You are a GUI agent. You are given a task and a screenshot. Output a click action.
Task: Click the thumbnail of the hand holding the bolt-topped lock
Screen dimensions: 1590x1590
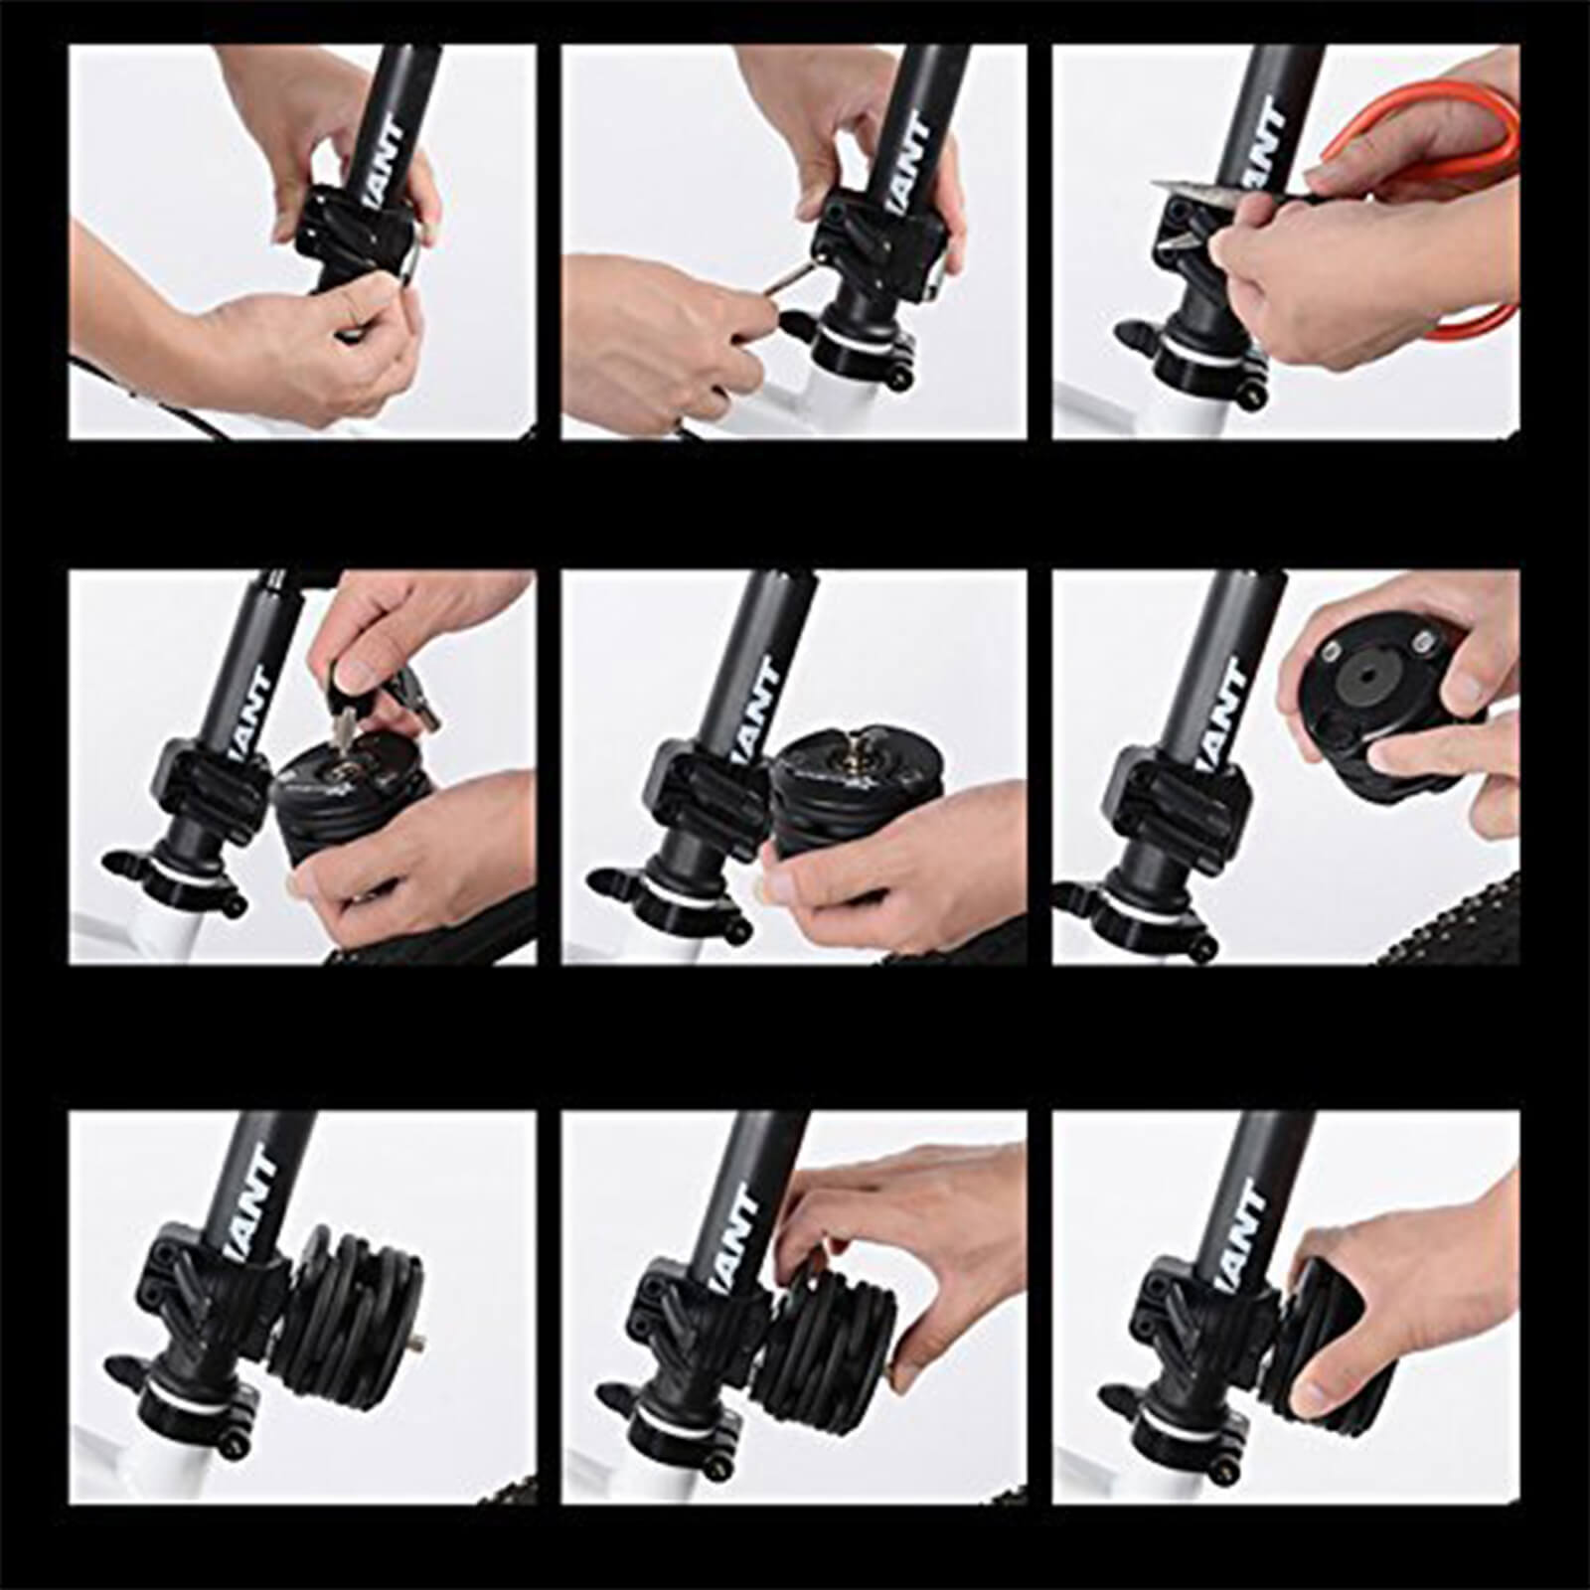[770, 884]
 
